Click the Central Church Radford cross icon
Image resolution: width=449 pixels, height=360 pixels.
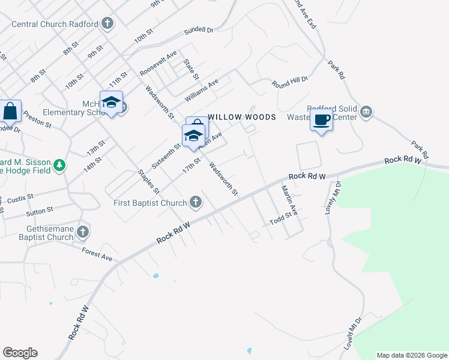coord(107,24)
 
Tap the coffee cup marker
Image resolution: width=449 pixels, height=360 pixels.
coord(321,119)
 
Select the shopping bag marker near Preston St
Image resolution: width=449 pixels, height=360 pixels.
coord(10,110)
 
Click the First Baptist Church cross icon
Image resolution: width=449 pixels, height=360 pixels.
coord(195,202)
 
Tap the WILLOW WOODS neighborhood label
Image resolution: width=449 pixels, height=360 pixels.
coord(242,117)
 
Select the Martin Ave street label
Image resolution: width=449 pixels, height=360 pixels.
coord(290,200)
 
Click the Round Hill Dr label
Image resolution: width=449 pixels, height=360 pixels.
coord(289,82)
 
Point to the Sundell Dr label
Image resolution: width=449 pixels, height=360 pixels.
coord(199,29)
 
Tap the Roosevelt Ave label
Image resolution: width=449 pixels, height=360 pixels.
coord(158,63)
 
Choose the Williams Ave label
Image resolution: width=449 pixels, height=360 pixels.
coord(200,91)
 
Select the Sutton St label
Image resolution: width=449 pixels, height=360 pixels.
coord(40,211)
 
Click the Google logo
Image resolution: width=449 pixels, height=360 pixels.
coord(20,353)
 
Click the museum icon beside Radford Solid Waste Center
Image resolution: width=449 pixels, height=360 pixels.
coord(366,112)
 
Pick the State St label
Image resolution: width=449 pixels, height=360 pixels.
coord(191,69)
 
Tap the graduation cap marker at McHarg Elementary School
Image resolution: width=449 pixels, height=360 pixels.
coord(111,102)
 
